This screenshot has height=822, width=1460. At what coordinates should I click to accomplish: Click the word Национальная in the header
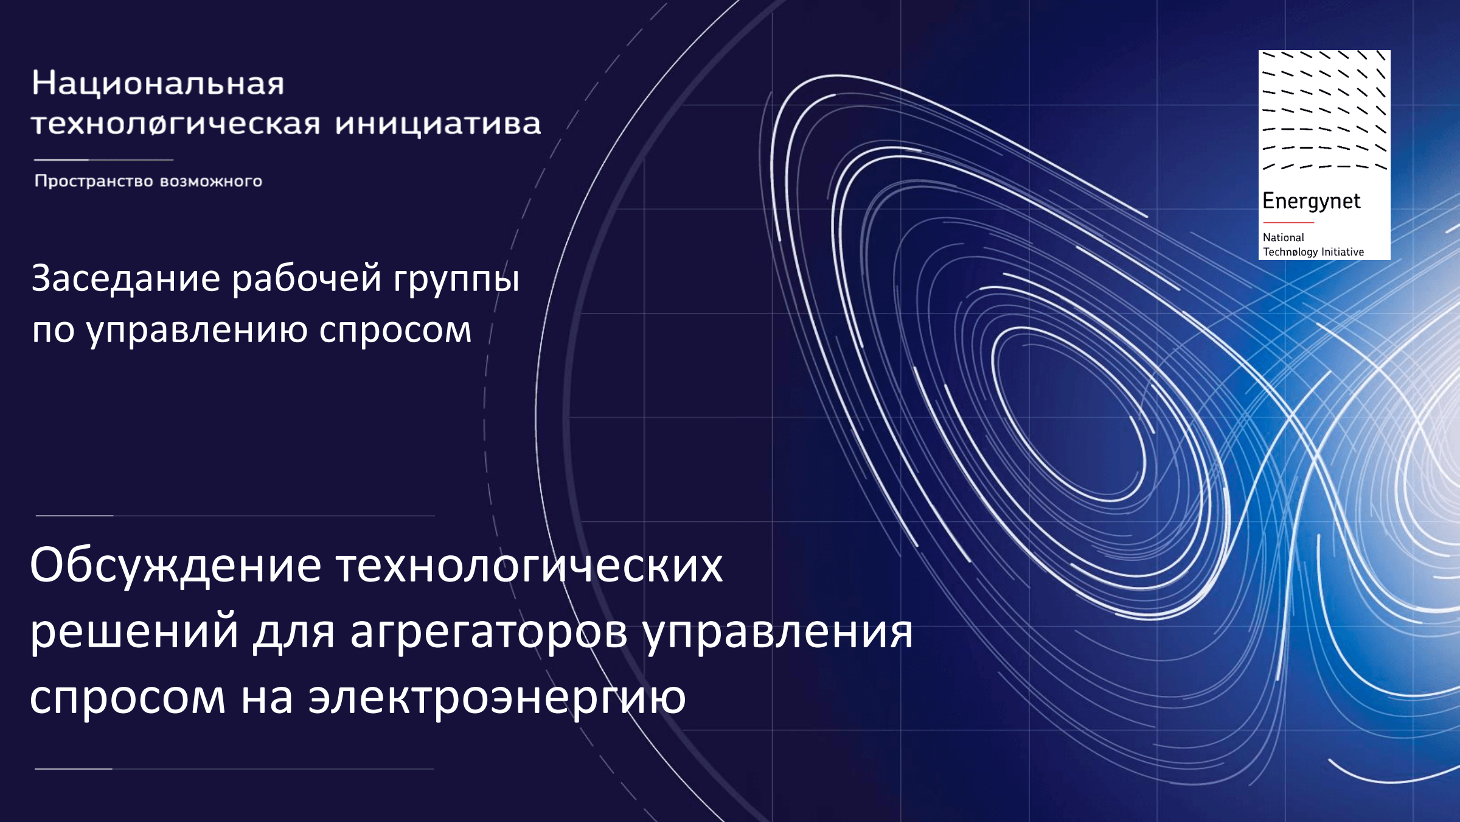click(158, 83)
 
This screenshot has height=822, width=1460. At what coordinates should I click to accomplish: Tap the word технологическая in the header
click(176, 124)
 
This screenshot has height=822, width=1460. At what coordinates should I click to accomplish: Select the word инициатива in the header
click(438, 125)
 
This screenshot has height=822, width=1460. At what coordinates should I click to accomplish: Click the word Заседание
click(126, 279)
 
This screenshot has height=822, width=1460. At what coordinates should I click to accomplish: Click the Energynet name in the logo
click(1312, 202)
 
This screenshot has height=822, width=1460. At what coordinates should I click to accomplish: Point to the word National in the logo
click(1284, 237)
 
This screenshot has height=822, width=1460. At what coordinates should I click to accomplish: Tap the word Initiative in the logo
click(1343, 251)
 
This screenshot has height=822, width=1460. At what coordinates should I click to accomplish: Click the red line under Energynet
click(1288, 222)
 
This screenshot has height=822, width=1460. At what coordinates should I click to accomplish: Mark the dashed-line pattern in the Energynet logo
click(1324, 110)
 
